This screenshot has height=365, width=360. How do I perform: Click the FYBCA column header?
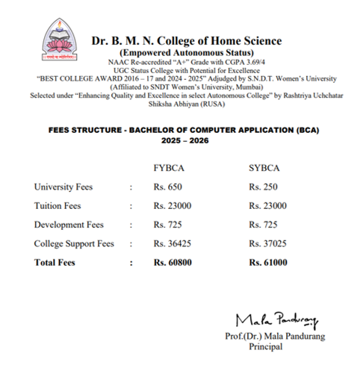[x=169, y=168]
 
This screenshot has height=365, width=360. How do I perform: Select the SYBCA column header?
[x=264, y=168]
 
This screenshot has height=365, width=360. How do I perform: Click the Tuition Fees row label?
[x=58, y=205]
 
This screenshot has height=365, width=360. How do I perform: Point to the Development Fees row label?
[x=68, y=225]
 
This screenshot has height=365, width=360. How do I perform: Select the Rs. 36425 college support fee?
[x=173, y=244]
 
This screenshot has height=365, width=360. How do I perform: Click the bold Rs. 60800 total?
[x=174, y=263]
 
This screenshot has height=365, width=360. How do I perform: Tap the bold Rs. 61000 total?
[x=268, y=263]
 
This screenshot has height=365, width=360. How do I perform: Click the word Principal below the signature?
[x=267, y=346]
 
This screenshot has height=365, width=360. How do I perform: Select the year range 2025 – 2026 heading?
[x=179, y=140]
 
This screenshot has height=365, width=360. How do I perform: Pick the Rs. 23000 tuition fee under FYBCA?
[x=173, y=205]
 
